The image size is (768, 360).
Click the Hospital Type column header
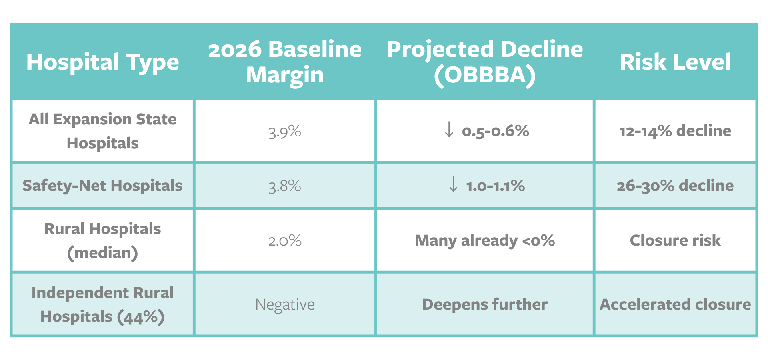coord(102,62)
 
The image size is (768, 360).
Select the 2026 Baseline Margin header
coord(285,62)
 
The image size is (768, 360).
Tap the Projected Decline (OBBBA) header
coord(485,62)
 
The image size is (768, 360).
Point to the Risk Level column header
coord(675,62)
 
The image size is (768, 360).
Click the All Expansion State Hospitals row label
coord(102,131)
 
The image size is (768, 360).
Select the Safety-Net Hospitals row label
coord(102,186)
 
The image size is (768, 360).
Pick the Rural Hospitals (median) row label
coord(102,241)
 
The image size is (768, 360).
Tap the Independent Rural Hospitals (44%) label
coord(102,304)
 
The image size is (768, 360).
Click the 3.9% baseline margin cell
coord(285,131)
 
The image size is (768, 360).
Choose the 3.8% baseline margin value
coord(285,186)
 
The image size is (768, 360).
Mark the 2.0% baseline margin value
coord(285,241)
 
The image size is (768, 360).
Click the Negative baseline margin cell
coord(285,305)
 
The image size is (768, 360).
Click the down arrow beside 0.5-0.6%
coord(449,130)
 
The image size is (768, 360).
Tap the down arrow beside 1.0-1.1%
coord(453,184)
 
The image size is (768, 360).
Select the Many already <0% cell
coord(485,241)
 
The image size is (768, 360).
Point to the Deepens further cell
coord(485,304)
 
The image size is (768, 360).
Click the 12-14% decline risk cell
coord(675,131)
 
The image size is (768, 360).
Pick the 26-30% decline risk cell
coord(675,186)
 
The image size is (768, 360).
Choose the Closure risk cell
coord(675,240)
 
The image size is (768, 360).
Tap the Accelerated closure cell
coord(675,304)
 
